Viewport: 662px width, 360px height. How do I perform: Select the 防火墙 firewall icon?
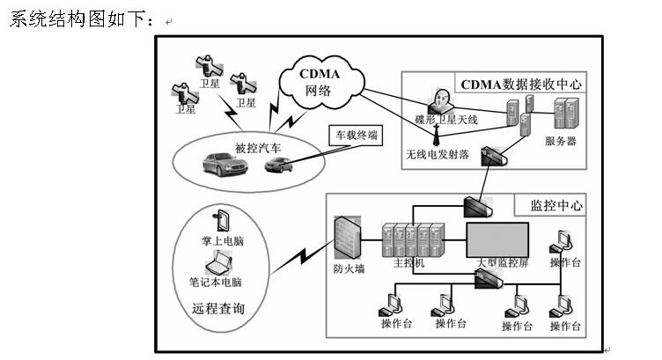[x=346, y=235]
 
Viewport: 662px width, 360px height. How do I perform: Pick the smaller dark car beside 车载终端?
[x=278, y=164]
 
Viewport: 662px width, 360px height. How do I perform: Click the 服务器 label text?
[x=561, y=140]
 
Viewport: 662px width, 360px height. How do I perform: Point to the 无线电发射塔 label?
[x=437, y=154]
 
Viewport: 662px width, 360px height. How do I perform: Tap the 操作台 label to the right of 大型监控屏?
[x=564, y=262]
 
